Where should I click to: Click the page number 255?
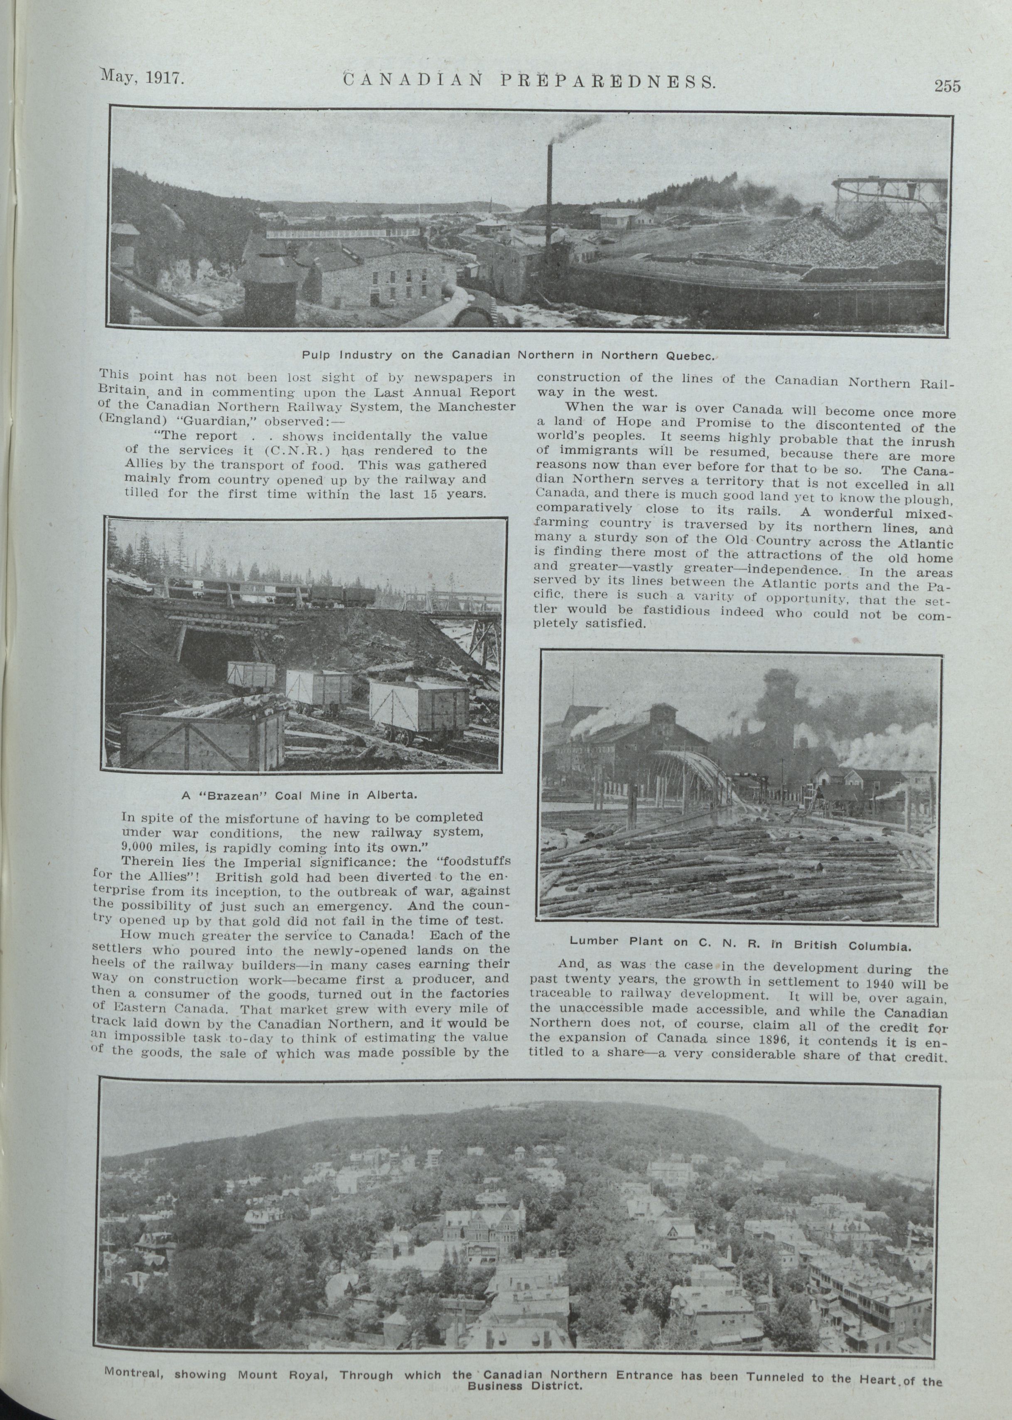coord(947,86)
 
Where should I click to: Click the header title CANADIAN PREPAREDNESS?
coord(528,80)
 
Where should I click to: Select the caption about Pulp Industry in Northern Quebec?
coord(507,355)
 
